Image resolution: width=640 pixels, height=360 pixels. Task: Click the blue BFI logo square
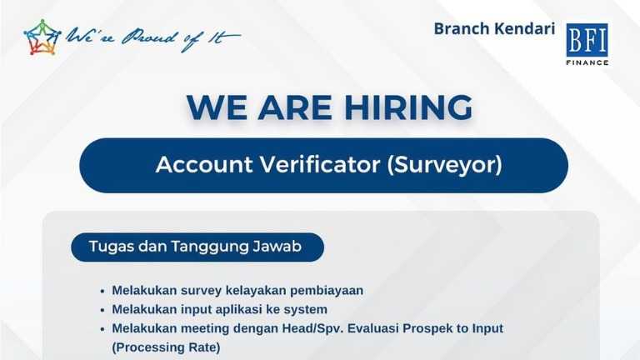point(587,40)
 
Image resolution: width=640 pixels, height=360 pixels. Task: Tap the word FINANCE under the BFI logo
point(587,62)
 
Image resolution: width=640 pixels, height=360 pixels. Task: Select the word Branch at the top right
point(461,28)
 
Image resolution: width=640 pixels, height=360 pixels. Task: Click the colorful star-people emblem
point(42,37)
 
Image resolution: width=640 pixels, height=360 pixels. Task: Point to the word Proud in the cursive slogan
point(149,37)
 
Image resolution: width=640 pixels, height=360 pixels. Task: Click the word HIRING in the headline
point(408,107)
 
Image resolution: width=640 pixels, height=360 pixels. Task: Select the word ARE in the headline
point(295,107)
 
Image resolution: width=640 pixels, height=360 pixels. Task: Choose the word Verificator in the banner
point(320,164)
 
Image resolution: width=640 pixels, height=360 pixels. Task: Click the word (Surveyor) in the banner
point(444,165)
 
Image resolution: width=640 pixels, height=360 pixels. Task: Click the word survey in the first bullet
point(201,291)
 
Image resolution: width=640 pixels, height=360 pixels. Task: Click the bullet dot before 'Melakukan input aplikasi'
point(102,310)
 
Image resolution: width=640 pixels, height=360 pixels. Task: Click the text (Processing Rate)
point(166,347)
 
